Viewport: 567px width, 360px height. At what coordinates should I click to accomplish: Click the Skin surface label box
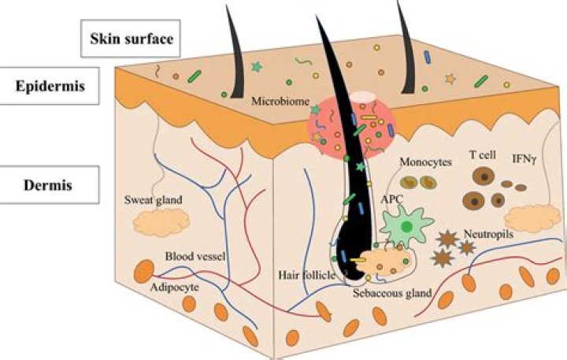131,39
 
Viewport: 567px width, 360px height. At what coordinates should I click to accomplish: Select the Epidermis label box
49,86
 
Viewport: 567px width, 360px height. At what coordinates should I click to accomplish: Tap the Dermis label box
49,185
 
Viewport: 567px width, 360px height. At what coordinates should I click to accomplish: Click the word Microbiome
280,101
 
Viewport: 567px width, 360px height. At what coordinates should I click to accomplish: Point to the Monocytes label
425,162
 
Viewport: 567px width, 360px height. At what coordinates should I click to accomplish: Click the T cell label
483,155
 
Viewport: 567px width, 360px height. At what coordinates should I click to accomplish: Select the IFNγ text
524,158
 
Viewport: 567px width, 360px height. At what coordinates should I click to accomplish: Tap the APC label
391,199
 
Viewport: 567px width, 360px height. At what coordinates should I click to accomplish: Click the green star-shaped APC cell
406,227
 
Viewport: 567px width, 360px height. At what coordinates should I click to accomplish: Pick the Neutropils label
488,234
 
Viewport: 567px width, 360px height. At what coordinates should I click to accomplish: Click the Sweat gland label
154,200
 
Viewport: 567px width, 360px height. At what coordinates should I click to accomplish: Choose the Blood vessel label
195,257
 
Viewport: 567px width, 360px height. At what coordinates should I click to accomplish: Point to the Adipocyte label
174,288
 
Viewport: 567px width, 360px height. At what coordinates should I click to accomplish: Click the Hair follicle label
306,275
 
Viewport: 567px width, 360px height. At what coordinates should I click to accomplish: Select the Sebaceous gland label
392,293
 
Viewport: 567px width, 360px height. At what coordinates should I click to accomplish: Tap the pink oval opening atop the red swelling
364,97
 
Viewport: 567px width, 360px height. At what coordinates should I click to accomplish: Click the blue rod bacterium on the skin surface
428,58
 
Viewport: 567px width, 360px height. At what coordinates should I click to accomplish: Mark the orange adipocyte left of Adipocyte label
144,271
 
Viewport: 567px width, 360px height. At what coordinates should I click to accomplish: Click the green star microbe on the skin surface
257,67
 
